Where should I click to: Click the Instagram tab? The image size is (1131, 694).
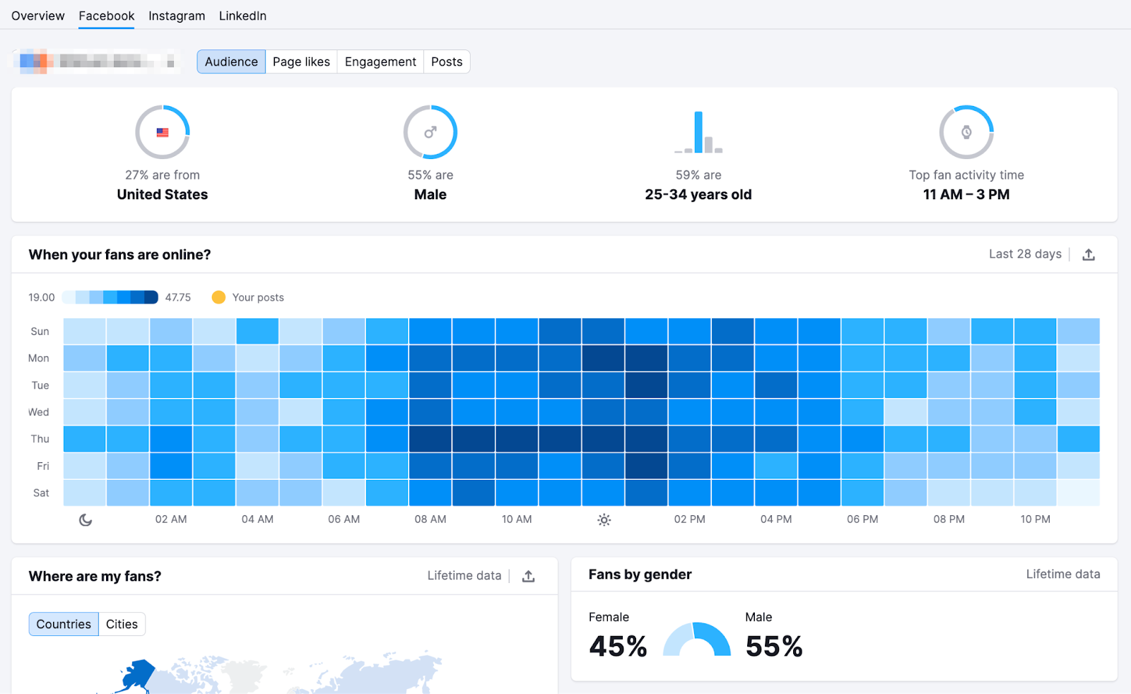177,16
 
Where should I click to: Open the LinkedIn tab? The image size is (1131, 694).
242,16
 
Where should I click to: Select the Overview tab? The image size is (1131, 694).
38,16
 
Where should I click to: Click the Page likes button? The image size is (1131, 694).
301,61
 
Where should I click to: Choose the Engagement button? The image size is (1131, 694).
380,61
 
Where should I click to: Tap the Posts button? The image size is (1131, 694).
447,61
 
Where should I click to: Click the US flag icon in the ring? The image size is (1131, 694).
163,132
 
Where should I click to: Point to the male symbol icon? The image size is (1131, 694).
430,132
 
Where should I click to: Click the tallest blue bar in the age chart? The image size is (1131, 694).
698,131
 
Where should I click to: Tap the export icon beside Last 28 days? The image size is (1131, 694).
1089,254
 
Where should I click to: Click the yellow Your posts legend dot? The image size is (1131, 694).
218,298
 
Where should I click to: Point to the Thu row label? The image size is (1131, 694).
40,439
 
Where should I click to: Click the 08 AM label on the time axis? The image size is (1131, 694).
430,519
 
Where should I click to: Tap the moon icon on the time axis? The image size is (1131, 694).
86,520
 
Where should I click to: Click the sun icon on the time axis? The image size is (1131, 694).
604,520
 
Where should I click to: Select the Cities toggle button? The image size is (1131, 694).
122,624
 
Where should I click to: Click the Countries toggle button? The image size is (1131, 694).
64,624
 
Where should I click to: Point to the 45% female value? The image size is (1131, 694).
618,646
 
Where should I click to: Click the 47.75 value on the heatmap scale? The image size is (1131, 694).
178,298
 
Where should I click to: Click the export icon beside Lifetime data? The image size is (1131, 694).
528,576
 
